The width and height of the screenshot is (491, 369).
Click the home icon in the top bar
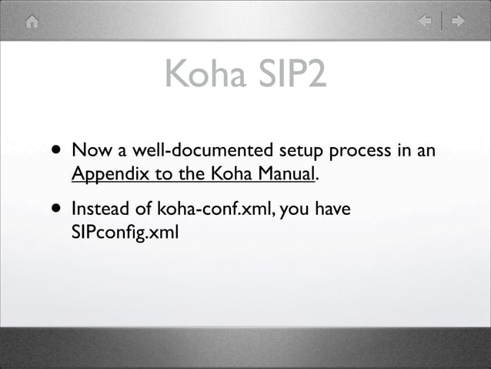32,22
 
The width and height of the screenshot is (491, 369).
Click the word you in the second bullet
293,209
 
